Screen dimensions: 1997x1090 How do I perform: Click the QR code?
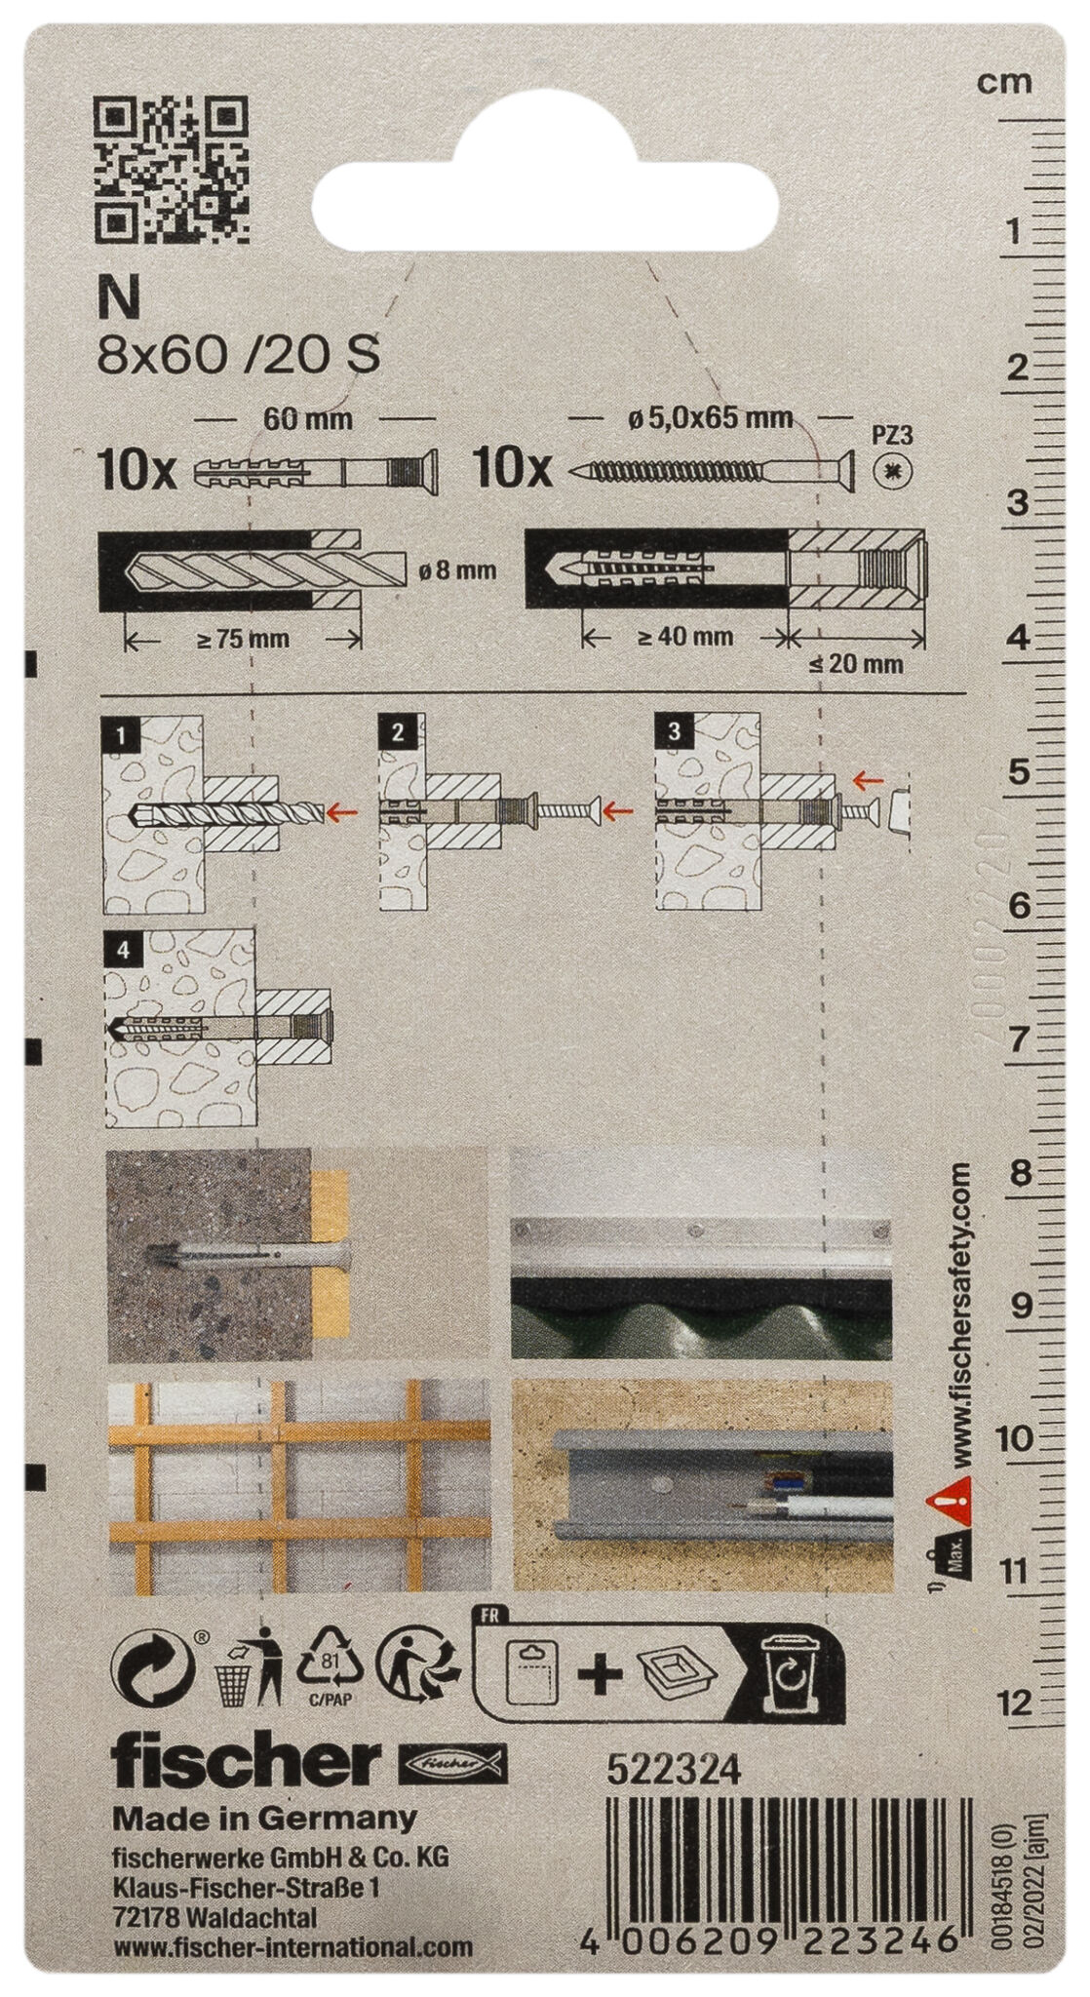(x=172, y=170)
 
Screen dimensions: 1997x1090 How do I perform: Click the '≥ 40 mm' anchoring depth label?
(x=684, y=638)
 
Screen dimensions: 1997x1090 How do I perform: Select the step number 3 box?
(x=674, y=731)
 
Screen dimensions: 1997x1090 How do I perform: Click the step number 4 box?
(x=119, y=948)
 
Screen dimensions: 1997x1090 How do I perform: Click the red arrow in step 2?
(x=617, y=808)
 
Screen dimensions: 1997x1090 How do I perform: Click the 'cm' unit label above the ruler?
(x=1004, y=82)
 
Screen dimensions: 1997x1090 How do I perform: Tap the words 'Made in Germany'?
(x=264, y=1818)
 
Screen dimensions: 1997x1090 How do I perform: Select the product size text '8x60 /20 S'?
(x=239, y=357)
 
